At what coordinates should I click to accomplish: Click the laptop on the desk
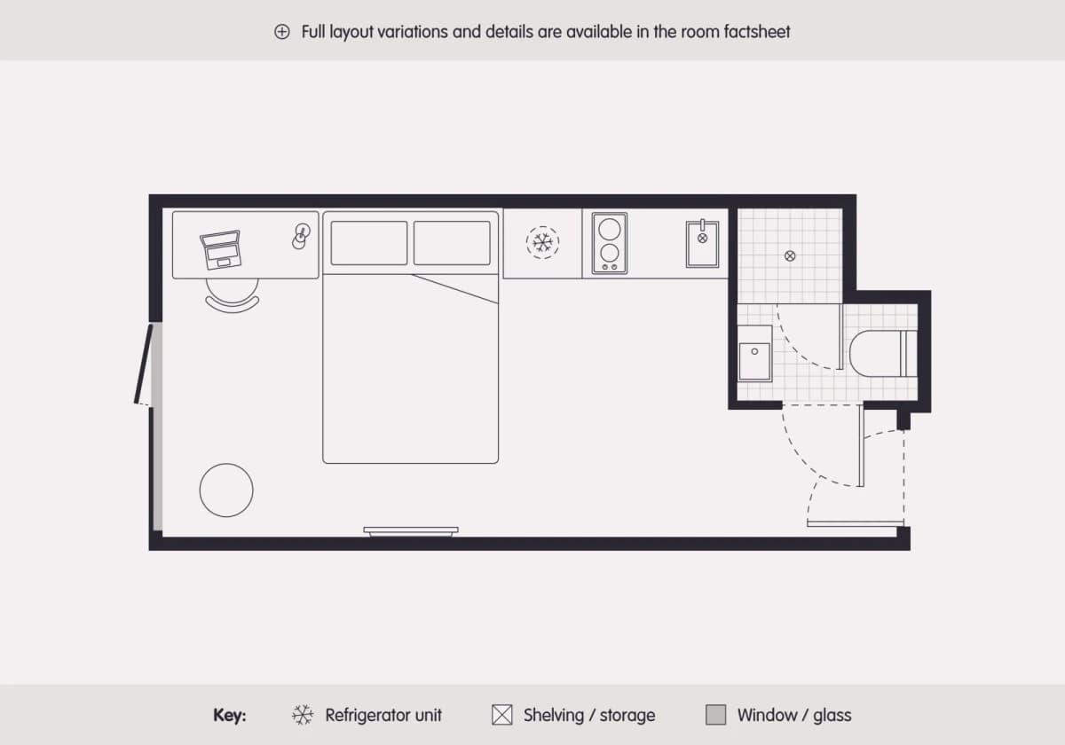tap(221, 250)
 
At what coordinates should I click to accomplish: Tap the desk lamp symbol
tap(301, 236)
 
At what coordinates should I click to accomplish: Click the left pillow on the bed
tap(369, 243)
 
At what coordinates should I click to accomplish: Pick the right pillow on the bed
tap(452, 243)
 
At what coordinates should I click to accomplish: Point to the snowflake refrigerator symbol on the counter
tap(542, 243)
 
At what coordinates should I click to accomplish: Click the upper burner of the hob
tap(610, 230)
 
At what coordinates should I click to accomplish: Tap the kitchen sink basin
tap(702, 244)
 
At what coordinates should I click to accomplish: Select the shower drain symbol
tap(790, 256)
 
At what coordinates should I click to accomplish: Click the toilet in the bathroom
tap(883, 354)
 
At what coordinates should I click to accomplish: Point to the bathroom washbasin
tap(754, 354)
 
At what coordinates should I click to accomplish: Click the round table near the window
tap(226, 490)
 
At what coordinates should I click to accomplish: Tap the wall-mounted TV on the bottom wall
tap(411, 531)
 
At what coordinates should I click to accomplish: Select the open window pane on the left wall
tap(144, 364)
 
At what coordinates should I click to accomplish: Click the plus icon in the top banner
tap(282, 32)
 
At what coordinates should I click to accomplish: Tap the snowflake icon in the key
tap(303, 715)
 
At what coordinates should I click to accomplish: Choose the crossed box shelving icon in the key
tap(502, 715)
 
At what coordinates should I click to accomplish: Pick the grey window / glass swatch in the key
tap(715, 715)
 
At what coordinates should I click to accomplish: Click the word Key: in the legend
tap(230, 715)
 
